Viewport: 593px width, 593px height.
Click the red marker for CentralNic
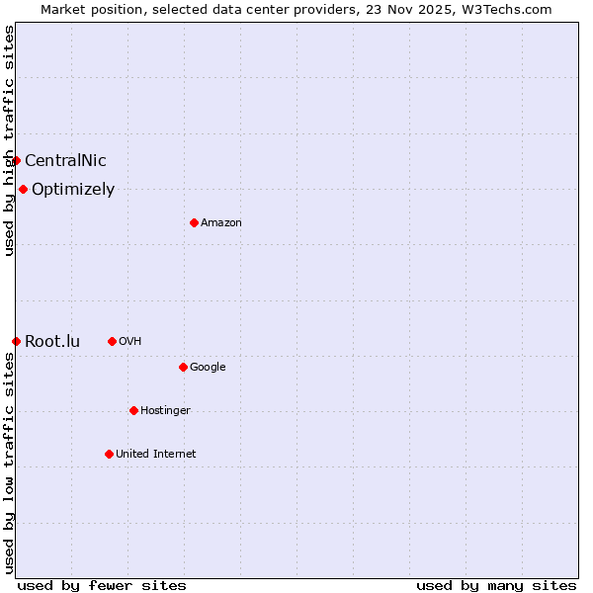pyautogui.click(x=16, y=160)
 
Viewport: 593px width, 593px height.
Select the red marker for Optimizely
pyautogui.click(x=23, y=189)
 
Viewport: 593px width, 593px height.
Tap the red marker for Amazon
pyautogui.click(x=194, y=222)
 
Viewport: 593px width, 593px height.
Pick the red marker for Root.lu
pyautogui.click(x=16, y=341)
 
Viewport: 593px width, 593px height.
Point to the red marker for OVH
pyautogui.click(x=112, y=341)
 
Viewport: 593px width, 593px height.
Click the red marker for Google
pyautogui.click(x=183, y=367)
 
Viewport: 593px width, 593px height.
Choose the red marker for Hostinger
pyautogui.click(x=133, y=410)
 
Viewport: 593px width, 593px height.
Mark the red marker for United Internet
pyautogui.click(x=109, y=454)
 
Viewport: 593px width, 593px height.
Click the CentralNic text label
pyautogui.click(x=65, y=161)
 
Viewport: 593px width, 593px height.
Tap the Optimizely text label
pyautogui.click(x=73, y=190)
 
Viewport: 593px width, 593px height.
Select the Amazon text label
pyautogui.click(x=221, y=223)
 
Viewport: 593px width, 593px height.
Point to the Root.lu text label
pyautogui.click(x=52, y=342)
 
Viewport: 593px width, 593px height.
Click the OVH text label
pyautogui.click(x=130, y=342)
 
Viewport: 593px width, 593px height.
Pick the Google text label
pyautogui.click(x=208, y=368)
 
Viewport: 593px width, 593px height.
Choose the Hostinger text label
pyautogui.click(x=165, y=411)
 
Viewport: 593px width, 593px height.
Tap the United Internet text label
pyautogui.click(x=156, y=455)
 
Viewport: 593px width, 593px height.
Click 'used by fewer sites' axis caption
pyautogui.click(x=102, y=585)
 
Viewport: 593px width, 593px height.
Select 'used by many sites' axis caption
pyautogui.click(x=496, y=585)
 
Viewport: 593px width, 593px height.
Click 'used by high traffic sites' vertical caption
pyautogui.click(x=9, y=140)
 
